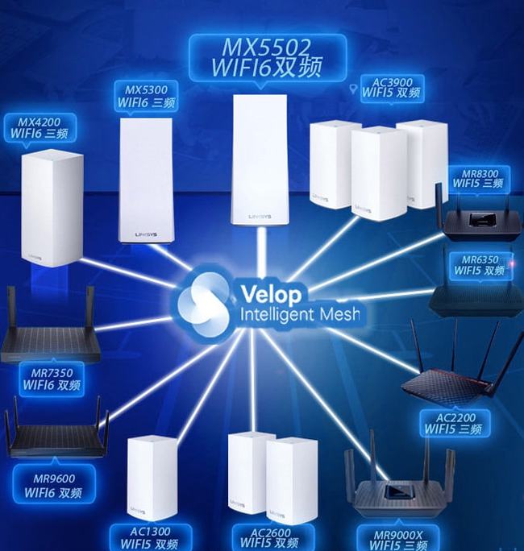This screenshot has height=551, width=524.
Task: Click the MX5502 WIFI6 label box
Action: click(268, 58)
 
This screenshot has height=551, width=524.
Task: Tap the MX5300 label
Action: click(146, 96)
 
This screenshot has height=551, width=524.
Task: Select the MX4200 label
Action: click(40, 128)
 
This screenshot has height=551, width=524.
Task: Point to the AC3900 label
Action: click(392, 88)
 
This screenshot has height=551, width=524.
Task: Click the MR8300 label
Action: click(478, 179)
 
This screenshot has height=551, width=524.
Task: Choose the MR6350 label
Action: click(480, 265)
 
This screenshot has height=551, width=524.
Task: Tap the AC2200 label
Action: click(454, 424)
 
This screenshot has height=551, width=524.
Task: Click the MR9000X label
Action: click(397, 539)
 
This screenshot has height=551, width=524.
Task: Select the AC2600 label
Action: click(270, 537)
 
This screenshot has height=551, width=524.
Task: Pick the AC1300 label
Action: click(150, 537)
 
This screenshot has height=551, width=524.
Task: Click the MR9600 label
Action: click(54, 484)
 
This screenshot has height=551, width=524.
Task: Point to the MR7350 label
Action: click(52, 379)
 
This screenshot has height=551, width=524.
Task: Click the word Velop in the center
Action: click(271, 294)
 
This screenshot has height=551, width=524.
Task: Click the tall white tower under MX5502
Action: click(260, 159)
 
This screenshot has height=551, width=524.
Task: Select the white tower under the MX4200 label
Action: click(52, 208)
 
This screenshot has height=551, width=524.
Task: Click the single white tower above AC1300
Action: click(152, 478)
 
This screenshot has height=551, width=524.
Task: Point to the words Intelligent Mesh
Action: click(300, 314)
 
